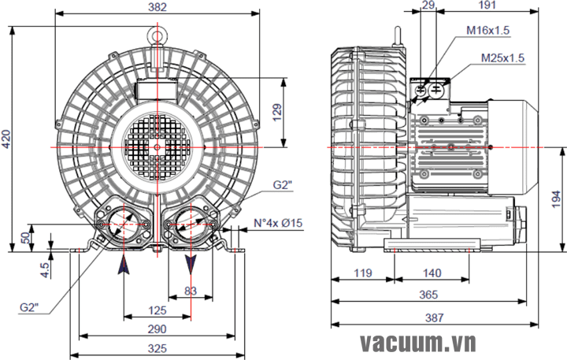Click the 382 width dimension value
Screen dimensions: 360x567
[157, 6]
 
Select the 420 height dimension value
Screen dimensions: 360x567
[7, 139]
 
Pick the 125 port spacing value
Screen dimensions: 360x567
[157, 310]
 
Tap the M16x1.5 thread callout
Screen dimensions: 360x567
[487, 30]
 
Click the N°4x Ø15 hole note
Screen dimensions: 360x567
[278, 223]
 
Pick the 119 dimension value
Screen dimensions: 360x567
[362, 273]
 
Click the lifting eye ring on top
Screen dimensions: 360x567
[157, 35]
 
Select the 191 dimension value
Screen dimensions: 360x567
[486, 6]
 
